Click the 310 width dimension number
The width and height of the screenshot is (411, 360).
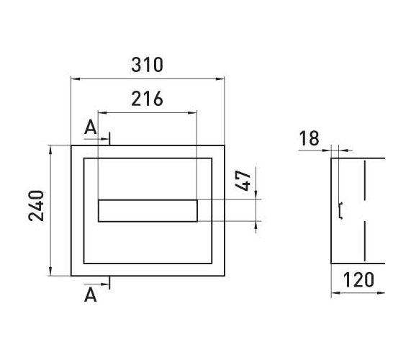pyautogui.click(x=147, y=65)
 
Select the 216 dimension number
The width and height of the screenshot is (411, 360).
pyautogui.click(x=147, y=99)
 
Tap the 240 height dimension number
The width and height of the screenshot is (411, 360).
pyautogui.click(x=36, y=206)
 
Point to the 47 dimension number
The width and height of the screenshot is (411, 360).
pyautogui.click(x=243, y=181)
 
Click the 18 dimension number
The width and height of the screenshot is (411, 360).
pyautogui.click(x=309, y=138)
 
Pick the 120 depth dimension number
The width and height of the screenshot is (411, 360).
pyautogui.click(x=358, y=280)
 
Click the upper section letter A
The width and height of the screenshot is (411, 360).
pyautogui.click(x=91, y=127)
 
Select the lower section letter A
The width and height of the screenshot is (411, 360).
pyautogui.click(x=91, y=295)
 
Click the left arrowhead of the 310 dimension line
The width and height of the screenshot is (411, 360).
pyautogui.click(x=76, y=78)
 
